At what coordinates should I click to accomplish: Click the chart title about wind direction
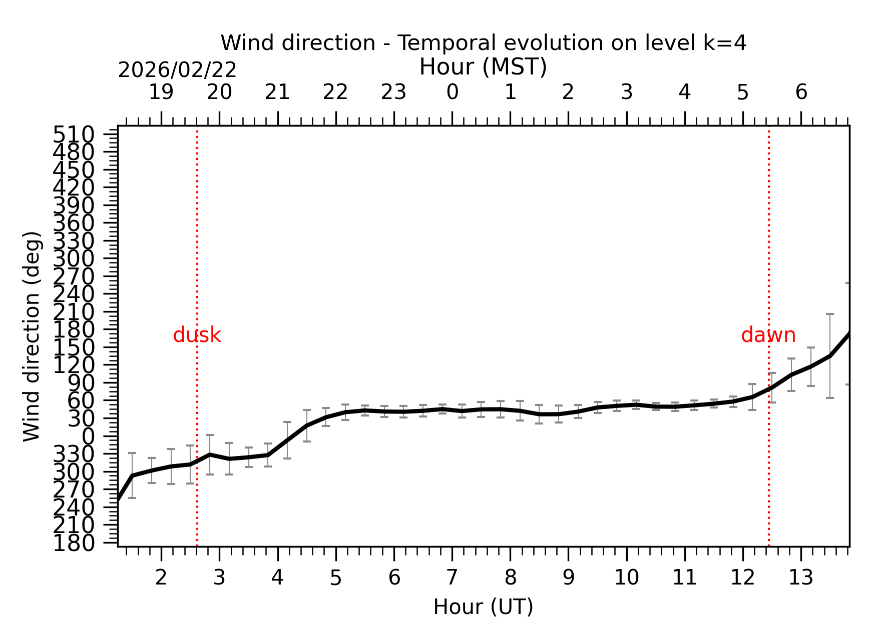coord(483,43)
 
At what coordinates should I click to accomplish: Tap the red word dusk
coord(197,335)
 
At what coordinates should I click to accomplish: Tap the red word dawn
coord(768,335)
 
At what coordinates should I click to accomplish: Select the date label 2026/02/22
coord(177,70)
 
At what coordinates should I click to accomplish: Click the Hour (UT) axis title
coord(483,607)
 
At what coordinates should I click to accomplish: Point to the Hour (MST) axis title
coord(483,67)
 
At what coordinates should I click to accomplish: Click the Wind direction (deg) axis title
coord(32,336)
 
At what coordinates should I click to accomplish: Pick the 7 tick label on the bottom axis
coord(452,578)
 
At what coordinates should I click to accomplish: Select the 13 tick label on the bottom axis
coord(800,578)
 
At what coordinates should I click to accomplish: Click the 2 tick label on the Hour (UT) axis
coord(161,578)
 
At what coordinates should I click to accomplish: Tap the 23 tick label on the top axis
coord(393,92)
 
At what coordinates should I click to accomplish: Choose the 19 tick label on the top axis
coord(161,92)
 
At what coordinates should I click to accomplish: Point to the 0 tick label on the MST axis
coord(452,92)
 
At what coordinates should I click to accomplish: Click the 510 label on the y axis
coord(74,134)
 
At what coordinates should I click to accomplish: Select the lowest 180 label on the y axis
coord(74,543)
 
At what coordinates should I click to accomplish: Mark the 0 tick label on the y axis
coord(88,436)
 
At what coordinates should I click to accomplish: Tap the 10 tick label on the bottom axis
coord(626,578)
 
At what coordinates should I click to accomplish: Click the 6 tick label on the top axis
coord(801,92)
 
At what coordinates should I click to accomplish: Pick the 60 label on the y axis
coord(81,400)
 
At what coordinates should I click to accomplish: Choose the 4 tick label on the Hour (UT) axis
coord(277,578)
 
